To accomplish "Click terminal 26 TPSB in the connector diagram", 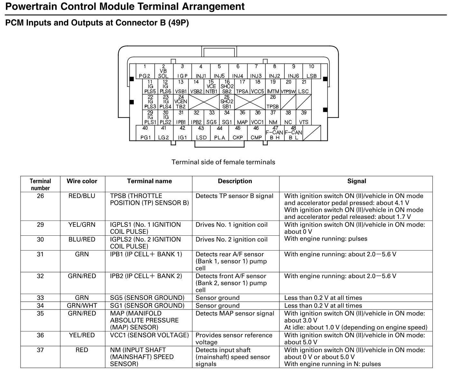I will click(273, 102).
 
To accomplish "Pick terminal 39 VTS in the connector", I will click(304, 118).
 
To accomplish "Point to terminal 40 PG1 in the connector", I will click(145, 133).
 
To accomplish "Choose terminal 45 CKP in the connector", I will click(238, 133).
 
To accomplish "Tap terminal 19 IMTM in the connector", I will click(273, 87).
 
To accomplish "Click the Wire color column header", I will click(82, 181).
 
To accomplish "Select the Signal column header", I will click(356, 181).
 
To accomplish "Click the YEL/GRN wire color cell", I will click(82, 225).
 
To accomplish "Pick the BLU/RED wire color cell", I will click(82, 240).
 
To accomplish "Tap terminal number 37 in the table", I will click(40, 350).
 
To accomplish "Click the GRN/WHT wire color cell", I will click(82, 306).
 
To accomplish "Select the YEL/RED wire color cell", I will click(82, 335).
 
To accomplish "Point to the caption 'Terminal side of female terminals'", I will click(223, 162).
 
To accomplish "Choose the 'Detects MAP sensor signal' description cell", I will click(235, 313).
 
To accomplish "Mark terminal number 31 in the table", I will click(40, 254).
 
